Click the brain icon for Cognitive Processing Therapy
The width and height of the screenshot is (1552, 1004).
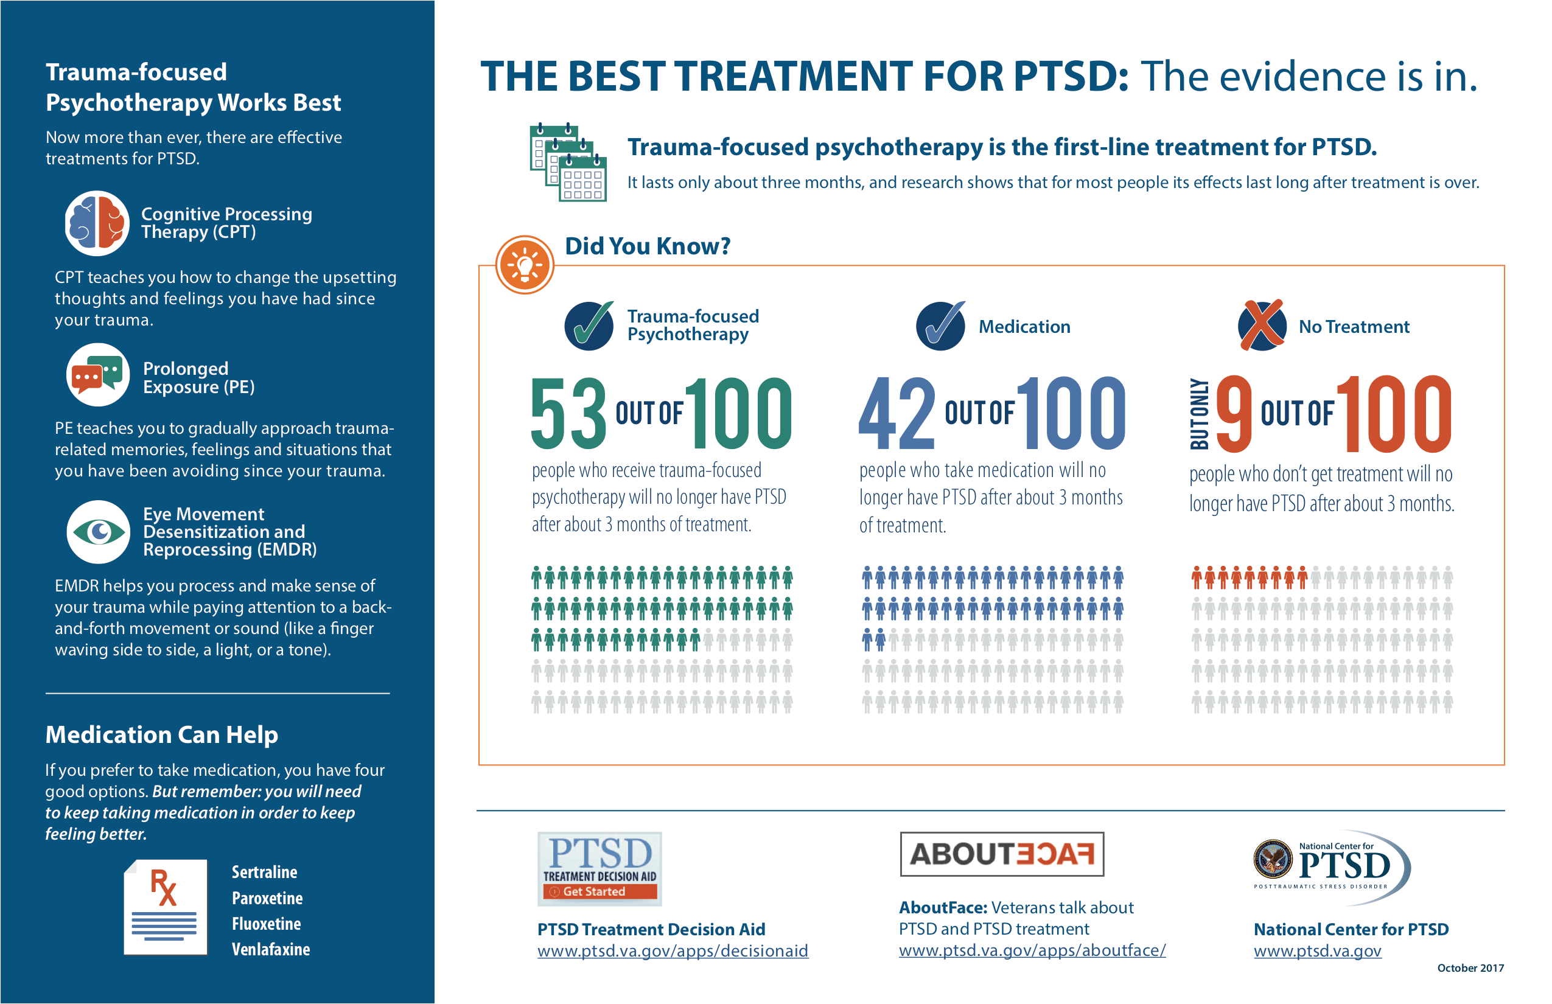coord(97,223)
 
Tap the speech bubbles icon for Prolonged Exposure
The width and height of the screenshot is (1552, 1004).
coord(98,375)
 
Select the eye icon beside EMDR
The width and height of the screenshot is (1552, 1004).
coord(99,532)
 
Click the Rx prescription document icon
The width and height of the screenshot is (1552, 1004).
coord(166,907)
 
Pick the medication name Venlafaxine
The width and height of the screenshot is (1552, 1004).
coord(271,949)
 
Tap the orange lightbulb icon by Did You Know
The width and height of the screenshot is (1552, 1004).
coord(524,265)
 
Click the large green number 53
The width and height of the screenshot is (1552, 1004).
coord(568,413)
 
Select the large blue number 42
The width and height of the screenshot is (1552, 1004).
coord(897,413)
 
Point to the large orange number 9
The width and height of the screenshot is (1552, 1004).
coord(1234,413)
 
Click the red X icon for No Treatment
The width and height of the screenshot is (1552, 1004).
coord(1262,326)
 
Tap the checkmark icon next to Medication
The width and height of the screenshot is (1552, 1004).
coord(940,326)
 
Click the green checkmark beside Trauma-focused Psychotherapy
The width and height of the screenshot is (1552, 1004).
coord(589,326)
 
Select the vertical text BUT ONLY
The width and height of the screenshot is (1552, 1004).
coord(1200,414)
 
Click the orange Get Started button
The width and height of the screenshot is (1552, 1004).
coord(600,891)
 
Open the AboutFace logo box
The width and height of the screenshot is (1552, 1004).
coord(1001,854)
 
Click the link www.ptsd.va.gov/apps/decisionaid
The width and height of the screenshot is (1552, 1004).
coord(673,950)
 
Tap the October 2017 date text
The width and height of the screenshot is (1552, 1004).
coord(1470,968)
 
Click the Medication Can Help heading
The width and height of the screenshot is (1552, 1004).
coord(162,735)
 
